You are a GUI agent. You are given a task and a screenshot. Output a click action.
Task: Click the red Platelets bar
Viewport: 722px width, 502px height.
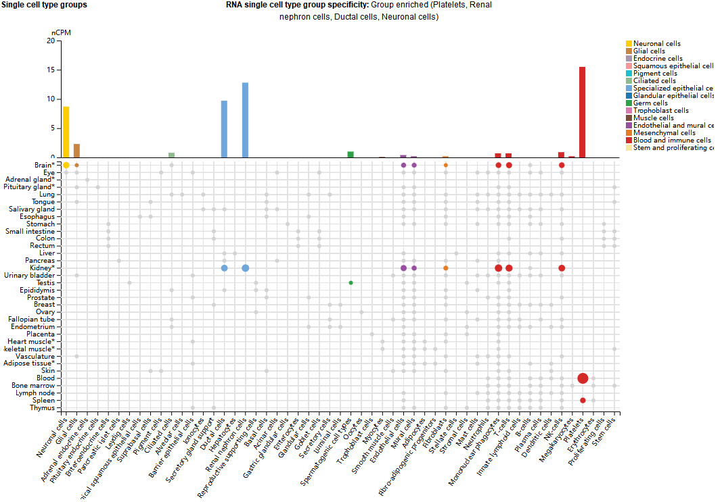click(582, 112)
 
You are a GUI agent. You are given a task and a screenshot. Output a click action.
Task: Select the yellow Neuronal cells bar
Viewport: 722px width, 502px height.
click(66, 132)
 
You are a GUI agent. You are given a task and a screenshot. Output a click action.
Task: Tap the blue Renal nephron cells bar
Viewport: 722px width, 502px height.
click(245, 120)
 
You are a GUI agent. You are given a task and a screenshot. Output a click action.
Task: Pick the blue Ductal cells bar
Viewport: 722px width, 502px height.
click(224, 129)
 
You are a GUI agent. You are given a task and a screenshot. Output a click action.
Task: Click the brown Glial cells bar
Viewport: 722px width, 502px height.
click(76, 151)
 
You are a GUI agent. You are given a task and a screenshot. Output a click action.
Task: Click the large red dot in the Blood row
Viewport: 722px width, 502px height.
click(583, 378)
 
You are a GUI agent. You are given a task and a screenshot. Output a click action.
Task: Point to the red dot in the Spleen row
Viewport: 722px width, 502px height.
click(583, 401)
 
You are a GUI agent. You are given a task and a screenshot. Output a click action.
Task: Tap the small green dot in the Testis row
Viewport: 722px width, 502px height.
click(351, 282)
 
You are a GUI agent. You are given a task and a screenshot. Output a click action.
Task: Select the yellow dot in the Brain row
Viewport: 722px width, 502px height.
click(66, 165)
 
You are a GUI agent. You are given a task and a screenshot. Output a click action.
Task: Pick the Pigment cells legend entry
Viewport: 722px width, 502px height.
click(655, 74)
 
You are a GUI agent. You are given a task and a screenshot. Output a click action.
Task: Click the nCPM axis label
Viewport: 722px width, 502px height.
click(61, 32)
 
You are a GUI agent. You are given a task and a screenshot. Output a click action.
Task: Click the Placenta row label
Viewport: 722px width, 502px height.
click(41, 334)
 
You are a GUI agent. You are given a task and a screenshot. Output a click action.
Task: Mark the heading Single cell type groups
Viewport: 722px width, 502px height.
click(43, 5)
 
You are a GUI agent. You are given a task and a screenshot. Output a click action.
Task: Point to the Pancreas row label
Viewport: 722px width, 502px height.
click(40, 261)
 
